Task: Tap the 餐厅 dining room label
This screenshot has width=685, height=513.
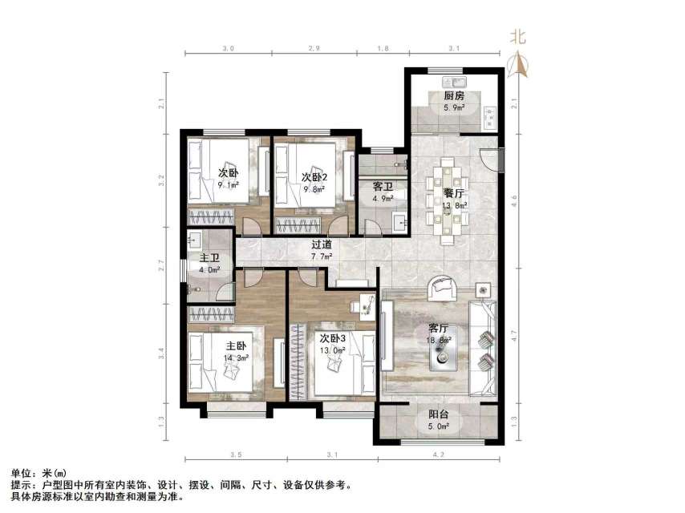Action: (454, 193)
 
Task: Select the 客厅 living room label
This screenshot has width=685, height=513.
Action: (438, 328)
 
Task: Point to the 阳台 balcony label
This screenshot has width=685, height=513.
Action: (438, 414)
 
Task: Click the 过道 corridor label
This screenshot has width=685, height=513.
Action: (324, 245)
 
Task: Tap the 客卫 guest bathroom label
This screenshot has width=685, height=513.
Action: (381, 187)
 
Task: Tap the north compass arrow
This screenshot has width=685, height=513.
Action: (519, 63)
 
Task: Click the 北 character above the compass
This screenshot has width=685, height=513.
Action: (519, 36)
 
